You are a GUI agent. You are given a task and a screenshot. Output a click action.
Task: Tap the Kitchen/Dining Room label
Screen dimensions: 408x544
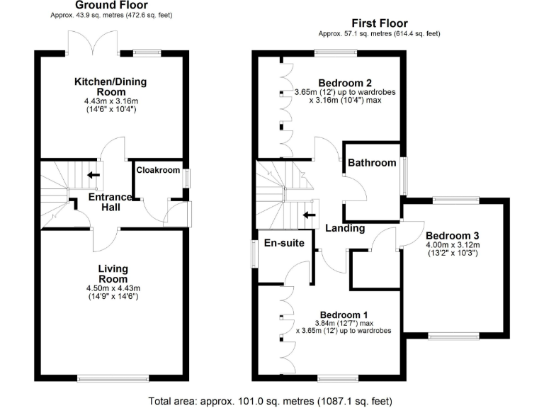111,87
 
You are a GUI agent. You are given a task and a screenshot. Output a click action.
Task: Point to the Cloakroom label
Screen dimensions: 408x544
158,170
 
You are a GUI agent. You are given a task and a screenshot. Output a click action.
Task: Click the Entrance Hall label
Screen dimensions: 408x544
110,202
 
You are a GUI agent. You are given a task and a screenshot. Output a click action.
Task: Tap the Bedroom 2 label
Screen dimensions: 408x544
346,81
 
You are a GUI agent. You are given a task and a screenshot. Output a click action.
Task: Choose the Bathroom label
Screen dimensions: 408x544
371,163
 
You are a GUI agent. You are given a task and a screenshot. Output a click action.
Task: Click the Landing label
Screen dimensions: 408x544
345,228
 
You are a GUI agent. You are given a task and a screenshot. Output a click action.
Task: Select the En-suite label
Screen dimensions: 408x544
283,243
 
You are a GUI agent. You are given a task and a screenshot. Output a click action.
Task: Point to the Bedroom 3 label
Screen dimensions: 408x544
453,236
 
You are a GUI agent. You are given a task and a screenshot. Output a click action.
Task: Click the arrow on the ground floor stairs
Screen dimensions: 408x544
93,175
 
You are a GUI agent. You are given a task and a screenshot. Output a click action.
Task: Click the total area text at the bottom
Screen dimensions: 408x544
272,400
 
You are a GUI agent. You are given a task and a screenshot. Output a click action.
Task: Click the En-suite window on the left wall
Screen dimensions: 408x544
254,254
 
